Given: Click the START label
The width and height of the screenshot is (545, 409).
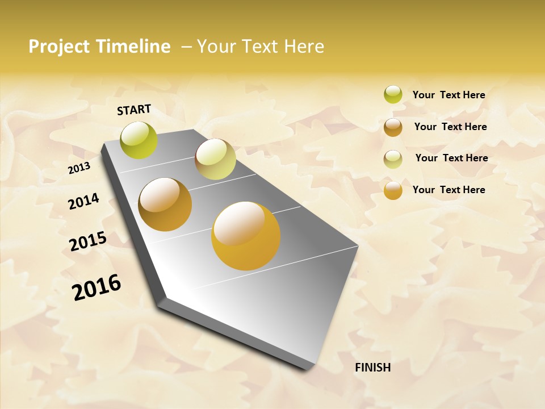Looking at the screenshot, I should click(134, 110).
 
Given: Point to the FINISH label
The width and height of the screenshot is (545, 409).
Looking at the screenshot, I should click(373, 368).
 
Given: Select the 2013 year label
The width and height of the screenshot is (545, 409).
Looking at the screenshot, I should click(79, 168).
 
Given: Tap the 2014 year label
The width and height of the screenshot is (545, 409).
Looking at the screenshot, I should click(83, 201).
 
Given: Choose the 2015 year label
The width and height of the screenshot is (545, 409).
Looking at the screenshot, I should click(88, 241).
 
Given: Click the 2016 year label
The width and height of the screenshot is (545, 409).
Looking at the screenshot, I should click(97, 287).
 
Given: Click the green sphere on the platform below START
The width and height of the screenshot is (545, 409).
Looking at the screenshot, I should click(139, 140).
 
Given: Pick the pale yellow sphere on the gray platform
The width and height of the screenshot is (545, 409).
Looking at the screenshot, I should click(215, 159).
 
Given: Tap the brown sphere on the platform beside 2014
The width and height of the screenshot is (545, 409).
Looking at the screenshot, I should click(165, 204).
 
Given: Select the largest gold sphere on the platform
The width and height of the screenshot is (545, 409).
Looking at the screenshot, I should click(246, 236).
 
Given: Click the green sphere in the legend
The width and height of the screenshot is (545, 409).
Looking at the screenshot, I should click(393, 94).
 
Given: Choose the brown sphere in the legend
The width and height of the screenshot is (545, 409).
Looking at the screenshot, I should click(393, 127).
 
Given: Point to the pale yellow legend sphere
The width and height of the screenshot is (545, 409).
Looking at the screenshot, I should click(393, 158).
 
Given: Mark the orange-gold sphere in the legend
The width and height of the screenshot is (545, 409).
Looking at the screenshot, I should click(393, 190).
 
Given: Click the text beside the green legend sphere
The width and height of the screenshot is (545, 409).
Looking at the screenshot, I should click(448, 95).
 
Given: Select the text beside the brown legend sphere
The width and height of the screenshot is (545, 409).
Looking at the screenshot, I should click(450, 127).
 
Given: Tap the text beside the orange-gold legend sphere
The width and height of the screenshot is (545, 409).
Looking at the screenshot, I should click(448, 190).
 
